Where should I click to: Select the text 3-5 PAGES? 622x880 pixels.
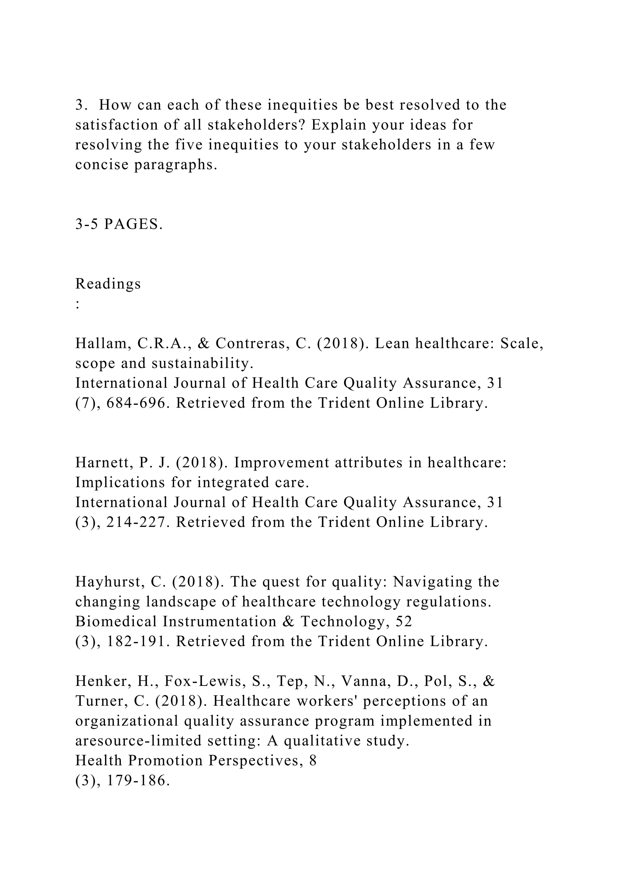(x=119, y=224)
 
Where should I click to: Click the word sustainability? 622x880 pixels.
(x=203, y=363)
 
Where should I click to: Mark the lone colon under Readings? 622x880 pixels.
(x=78, y=305)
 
